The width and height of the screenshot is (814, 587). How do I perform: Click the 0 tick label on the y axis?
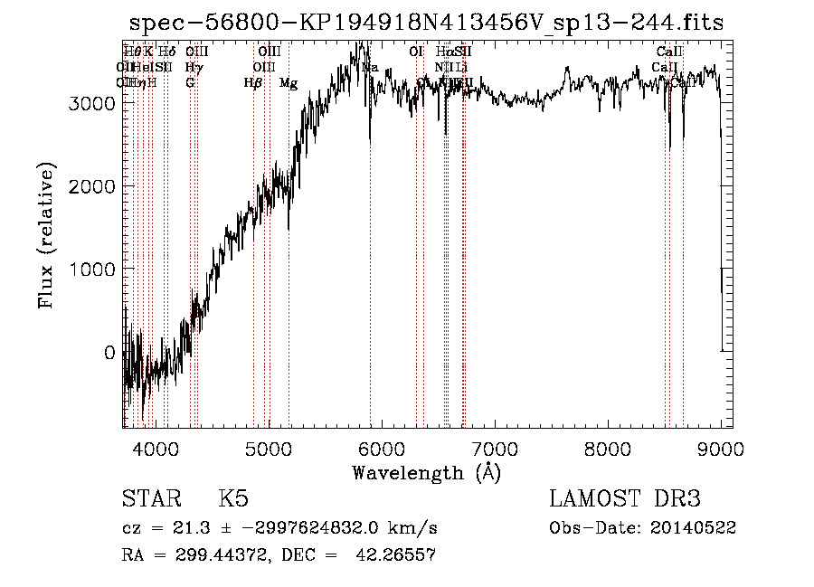109,353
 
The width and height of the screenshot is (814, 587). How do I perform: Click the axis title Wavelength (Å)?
426,472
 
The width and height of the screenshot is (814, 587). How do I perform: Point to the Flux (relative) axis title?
46,235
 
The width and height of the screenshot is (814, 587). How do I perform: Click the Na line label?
370,67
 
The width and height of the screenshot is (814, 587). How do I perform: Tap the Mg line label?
289,82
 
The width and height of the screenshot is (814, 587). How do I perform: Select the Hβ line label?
252,82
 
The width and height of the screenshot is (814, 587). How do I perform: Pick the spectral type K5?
233,498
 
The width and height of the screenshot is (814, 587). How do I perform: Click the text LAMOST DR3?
625,498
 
